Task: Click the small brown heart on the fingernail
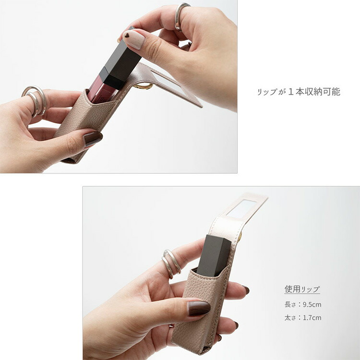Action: click(x=127, y=35)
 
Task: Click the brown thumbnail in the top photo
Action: click(x=93, y=138)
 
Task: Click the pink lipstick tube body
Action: click(x=101, y=89)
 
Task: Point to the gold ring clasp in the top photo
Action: click(x=144, y=86)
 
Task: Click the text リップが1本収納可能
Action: click(x=299, y=92)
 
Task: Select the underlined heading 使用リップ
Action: click(x=302, y=289)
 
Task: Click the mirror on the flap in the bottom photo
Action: click(x=241, y=209)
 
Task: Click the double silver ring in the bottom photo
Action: click(x=171, y=264)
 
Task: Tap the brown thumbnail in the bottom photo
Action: click(x=199, y=308)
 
